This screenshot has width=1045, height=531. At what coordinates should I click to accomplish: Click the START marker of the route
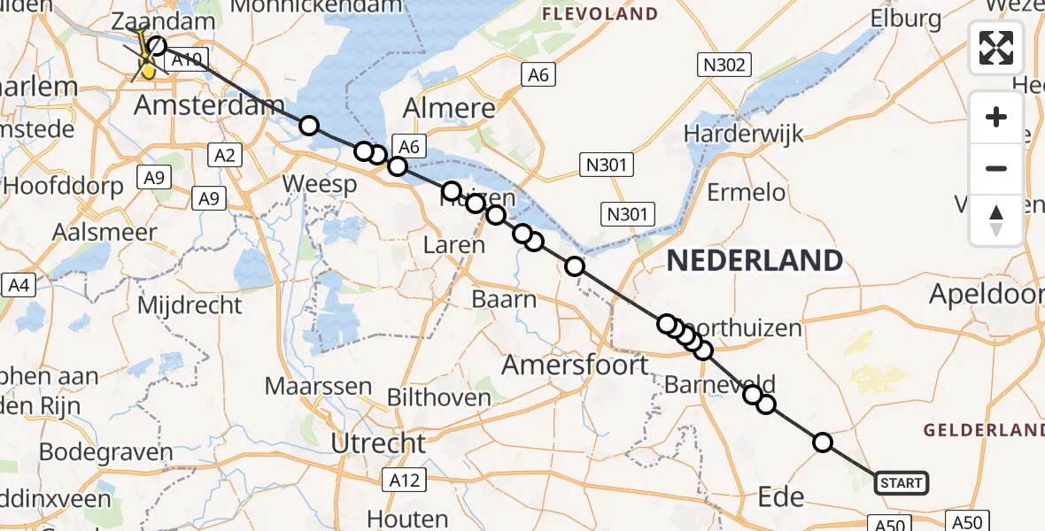(x=901, y=483)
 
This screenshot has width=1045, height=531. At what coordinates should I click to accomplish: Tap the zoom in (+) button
(x=996, y=117)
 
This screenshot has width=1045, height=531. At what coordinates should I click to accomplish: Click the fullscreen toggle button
(x=996, y=47)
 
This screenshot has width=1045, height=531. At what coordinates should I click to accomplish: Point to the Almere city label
(x=449, y=108)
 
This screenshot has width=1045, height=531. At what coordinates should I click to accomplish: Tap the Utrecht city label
(x=378, y=442)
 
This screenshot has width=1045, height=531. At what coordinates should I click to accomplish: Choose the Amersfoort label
(x=576, y=364)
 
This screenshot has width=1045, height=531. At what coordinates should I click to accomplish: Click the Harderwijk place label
(x=744, y=134)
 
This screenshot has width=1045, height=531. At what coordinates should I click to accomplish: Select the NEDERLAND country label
(x=755, y=260)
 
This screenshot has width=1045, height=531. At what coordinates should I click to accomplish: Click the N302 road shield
(x=724, y=64)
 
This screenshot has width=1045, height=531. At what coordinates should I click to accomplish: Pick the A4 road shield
(x=19, y=285)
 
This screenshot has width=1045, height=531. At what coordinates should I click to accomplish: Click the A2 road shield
(x=224, y=156)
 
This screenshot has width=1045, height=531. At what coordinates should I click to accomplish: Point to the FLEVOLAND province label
(x=600, y=14)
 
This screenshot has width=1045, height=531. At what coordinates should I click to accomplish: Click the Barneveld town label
(x=719, y=384)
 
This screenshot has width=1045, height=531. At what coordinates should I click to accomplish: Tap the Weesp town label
(x=319, y=185)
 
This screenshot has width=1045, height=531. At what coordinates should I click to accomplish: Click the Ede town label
(x=781, y=496)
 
